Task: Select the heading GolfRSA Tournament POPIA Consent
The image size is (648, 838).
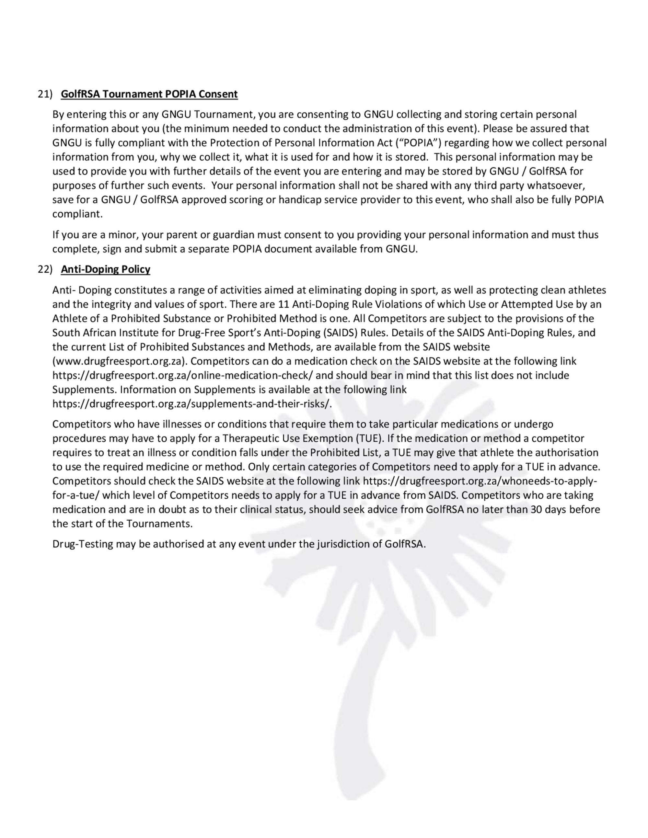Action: point(149,94)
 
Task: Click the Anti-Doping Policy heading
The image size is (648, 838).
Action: point(106,269)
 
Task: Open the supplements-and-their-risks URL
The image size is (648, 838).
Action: point(192,404)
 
